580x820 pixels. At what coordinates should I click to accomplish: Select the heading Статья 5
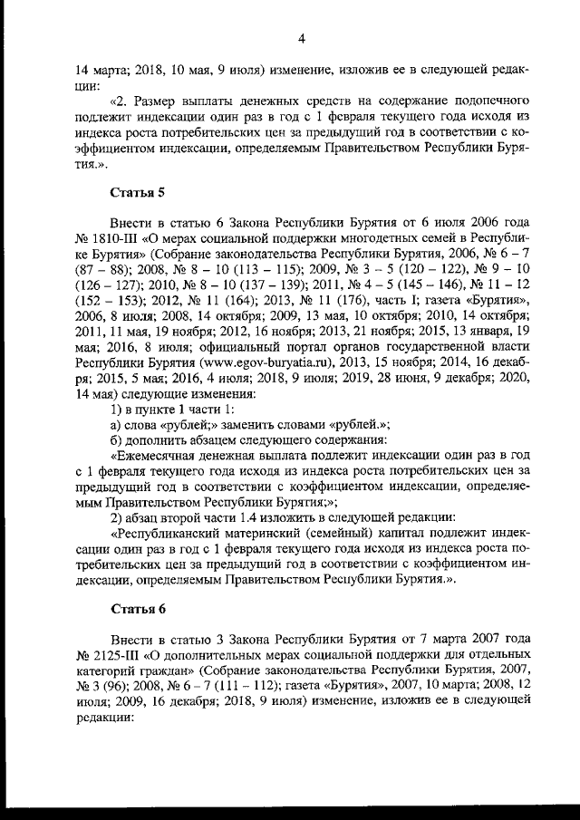pos(139,192)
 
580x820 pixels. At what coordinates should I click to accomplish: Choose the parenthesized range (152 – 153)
pos(103,321)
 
